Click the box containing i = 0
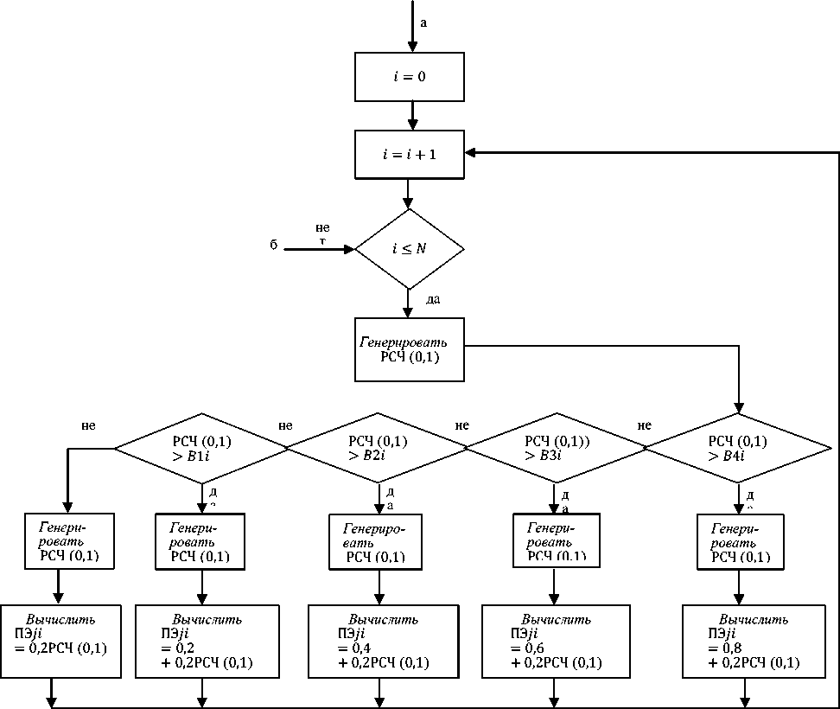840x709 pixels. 410,77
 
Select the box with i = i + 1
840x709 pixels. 410,154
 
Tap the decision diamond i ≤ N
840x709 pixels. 410,249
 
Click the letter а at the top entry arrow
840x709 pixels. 423,22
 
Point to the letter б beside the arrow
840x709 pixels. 273,246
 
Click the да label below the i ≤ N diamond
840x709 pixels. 435,299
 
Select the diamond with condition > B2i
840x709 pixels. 377,448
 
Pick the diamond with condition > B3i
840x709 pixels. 556,448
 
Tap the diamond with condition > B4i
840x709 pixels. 738,448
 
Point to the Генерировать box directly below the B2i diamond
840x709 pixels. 376,542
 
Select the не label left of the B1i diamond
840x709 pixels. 88,425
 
